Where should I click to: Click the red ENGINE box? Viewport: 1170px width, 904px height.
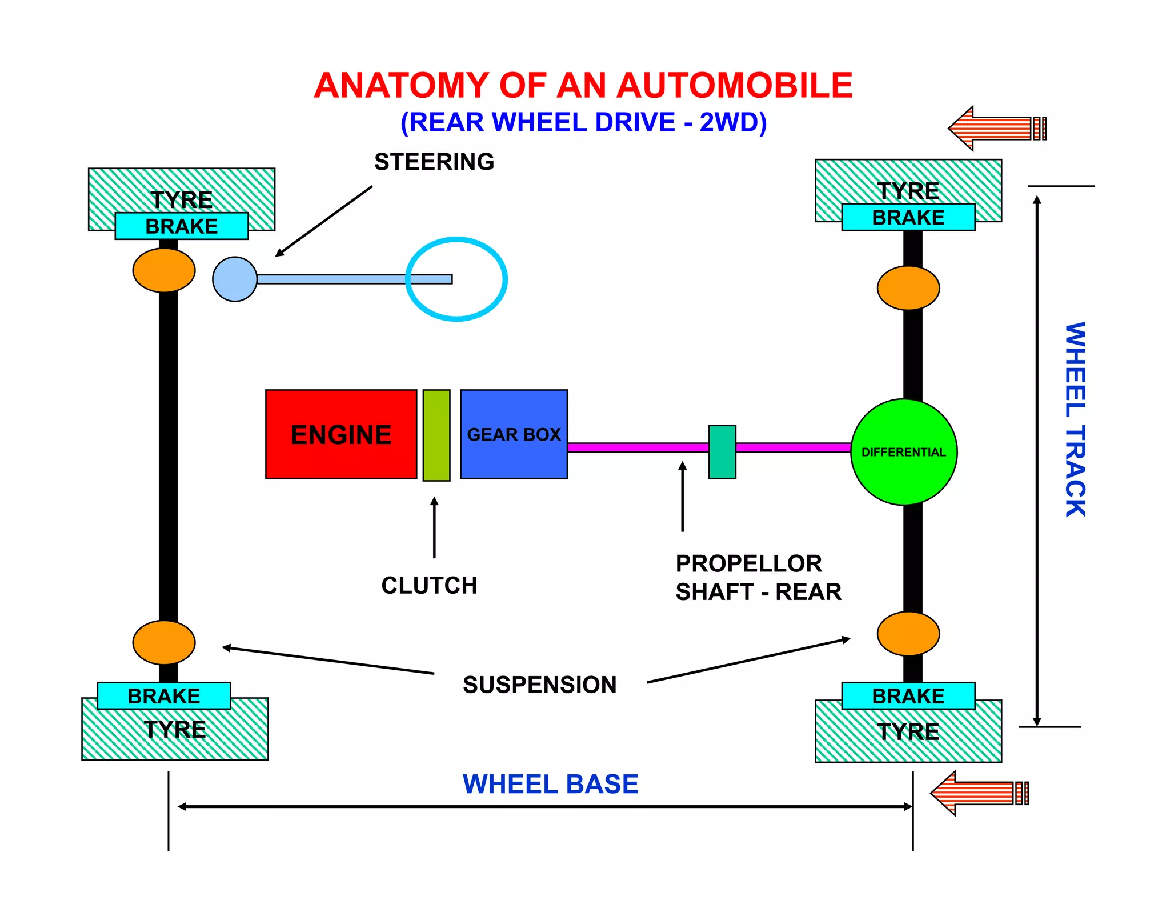(x=341, y=434)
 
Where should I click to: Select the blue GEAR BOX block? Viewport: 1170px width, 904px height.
(x=514, y=434)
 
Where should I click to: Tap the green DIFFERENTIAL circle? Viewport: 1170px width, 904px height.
(x=904, y=452)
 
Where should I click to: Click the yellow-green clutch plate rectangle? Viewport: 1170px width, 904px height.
(x=436, y=435)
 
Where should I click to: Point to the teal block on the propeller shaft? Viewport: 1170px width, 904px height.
(x=722, y=452)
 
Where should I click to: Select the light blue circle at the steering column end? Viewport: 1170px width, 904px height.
(x=234, y=279)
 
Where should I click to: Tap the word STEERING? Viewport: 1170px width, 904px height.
(x=434, y=162)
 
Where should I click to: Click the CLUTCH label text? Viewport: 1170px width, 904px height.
(x=429, y=586)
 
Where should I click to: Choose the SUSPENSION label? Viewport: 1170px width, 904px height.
(x=540, y=685)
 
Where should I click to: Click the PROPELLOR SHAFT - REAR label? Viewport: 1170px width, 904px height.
(x=758, y=578)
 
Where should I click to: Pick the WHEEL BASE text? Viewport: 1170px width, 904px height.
(x=550, y=784)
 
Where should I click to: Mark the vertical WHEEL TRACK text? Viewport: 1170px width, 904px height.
(x=1075, y=420)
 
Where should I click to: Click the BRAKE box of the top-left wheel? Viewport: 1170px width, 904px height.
(x=182, y=226)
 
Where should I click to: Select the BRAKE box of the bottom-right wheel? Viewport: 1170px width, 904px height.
(x=908, y=696)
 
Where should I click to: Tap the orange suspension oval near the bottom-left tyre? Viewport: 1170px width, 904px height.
(x=164, y=642)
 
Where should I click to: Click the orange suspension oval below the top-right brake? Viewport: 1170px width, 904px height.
(x=908, y=288)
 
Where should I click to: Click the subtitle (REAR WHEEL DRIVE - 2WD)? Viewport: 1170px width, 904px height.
(x=583, y=122)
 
